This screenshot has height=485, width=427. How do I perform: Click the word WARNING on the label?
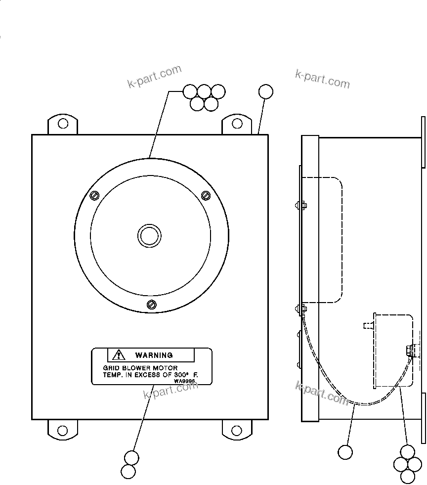[154, 355]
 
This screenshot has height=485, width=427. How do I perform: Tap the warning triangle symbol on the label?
[119, 354]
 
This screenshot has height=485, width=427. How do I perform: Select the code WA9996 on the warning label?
[184, 381]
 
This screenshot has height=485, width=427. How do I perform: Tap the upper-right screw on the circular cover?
[207, 195]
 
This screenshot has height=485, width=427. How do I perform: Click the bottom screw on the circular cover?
[152, 305]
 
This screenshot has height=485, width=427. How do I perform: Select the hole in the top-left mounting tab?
[63, 123]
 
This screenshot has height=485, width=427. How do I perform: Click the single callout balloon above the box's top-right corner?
[265, 91]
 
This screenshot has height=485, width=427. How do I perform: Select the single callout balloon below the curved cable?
[345, 452]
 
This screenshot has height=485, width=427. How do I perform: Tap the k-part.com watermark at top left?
[155, 77]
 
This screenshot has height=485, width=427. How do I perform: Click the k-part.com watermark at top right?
[322, 79]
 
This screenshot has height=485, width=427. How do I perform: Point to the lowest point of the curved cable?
[363, 405]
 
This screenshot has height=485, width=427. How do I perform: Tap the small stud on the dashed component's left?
[367, 325]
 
